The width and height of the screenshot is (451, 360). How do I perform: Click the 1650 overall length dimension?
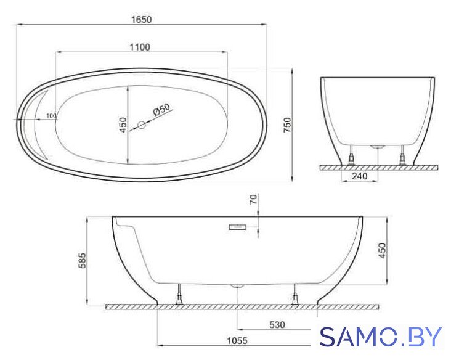(141, 20)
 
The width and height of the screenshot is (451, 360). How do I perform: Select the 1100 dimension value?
(140, 47)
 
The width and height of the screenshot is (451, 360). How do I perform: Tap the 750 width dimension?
(287, 125)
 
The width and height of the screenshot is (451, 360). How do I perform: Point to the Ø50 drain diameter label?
(161, 109)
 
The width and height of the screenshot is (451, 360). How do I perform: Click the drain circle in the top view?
(142, 125)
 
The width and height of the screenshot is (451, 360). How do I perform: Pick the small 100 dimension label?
(51, 116)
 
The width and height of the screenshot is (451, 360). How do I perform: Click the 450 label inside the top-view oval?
(123, 125)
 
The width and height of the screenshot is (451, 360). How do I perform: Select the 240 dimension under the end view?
(360, 176)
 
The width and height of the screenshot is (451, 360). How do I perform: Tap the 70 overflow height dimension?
(253, 200)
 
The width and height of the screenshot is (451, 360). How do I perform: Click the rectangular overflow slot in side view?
(238, 227)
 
